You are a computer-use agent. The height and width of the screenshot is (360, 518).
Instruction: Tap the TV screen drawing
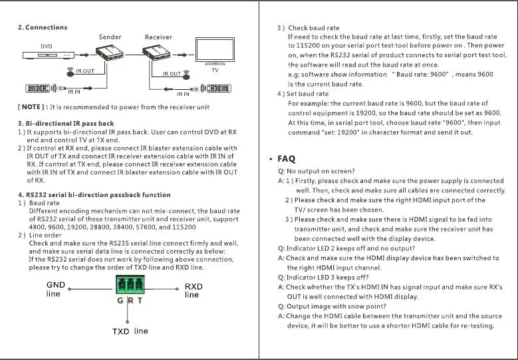[214, 51]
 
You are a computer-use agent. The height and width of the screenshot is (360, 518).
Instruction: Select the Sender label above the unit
[110, 37]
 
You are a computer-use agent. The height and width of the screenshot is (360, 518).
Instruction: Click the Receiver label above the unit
[158, 37]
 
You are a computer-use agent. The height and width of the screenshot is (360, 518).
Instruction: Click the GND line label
[57, 289]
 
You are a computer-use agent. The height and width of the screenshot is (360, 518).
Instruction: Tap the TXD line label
[130, 331]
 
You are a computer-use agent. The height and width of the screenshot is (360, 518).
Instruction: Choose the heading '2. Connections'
[42, 27]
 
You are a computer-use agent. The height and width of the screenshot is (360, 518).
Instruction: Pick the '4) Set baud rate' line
[303, 94]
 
